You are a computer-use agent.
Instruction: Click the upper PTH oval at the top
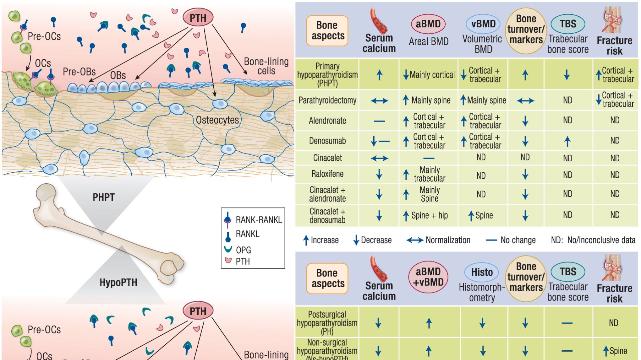pyautogui.click(x=198, y=18)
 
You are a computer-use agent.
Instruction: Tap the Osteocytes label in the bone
pyautogui.click(x=217, y=120)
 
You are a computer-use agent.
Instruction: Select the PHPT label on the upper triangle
pyautogui.click(x=103, y=197)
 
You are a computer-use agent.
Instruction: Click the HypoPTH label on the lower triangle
pyautogui.click(x=118, y=283)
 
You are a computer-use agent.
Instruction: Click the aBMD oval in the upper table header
pyautogui.click(x=428, y=24)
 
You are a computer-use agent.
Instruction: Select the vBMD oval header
pyautogui.click(x=483, y=24)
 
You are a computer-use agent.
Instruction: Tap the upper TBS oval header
pyautogui.click(x=568, y=24)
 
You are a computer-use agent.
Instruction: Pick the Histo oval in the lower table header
pyautogui.click(x=482, y=272)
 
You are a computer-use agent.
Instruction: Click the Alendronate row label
pyautogui.click(x=327, y=121)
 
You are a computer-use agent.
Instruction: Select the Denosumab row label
pyautogui.click(x=327, y=141)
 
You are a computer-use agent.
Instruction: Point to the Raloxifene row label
pyautogui.click(x=327, y=174)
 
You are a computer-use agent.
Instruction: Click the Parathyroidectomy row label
pyautogui.click(x=327, y=100)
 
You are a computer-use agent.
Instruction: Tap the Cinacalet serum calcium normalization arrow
pyautogui.click(x=379, y=158)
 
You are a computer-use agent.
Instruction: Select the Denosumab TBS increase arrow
pyautogui.click(x=567, y=142)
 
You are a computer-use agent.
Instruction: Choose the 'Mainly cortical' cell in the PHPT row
pyautogui.click(x=428, y=75)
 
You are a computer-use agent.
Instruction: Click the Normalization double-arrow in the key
pyautogui.click(x=415, y=240)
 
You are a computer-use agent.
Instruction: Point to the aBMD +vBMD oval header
pyautogui.click(x=428, y=277)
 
